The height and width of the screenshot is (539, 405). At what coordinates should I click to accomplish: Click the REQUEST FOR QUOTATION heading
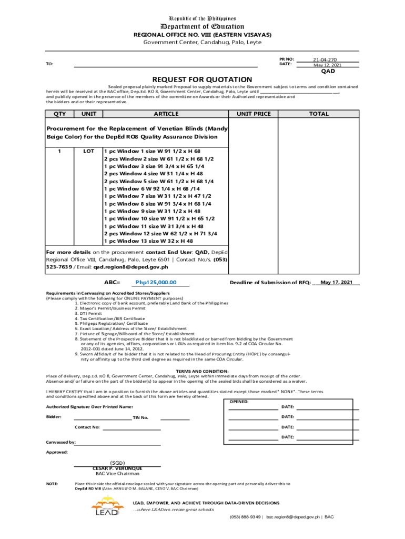tap(202, 79)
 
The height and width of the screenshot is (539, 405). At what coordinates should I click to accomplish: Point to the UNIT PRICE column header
tap(254, 114)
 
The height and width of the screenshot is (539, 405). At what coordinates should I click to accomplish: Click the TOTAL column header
tap(319, 114)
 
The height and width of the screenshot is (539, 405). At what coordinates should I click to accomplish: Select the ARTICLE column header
tap(166, 114)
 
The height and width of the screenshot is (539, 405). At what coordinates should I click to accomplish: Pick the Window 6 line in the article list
tap(152, 188)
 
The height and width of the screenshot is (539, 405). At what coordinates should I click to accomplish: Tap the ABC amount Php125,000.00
tap(156, 283)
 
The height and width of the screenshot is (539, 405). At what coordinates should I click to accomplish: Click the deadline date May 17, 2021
tap(336, 282)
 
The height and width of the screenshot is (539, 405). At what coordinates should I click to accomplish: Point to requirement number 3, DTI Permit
tap(90, 313)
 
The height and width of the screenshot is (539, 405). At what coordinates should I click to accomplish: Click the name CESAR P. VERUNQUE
tap(117, 468)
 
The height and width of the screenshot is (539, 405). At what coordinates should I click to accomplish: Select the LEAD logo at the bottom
tap(107, 507)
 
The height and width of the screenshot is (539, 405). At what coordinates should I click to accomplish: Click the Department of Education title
tap(202, 26)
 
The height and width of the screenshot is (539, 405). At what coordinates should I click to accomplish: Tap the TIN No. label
tap(140, 417)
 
